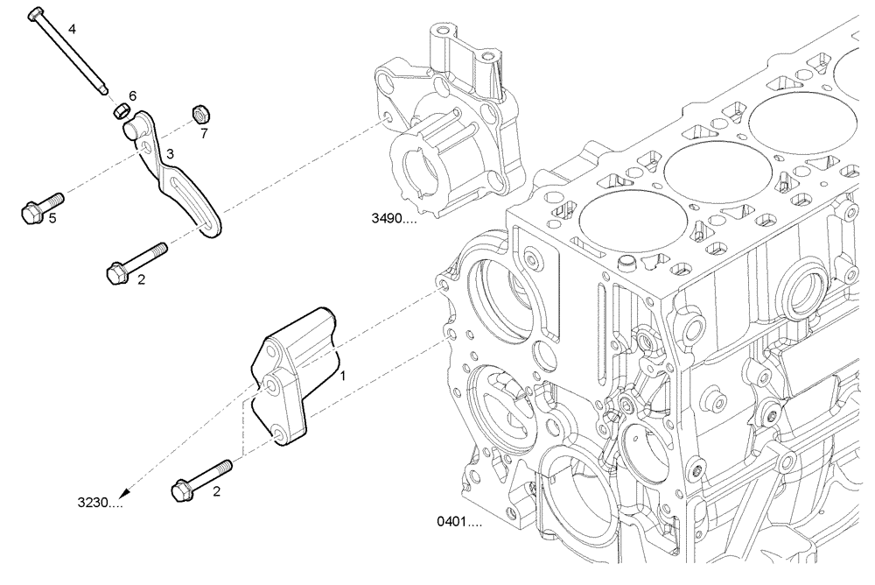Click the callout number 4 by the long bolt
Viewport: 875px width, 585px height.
coord(72,29)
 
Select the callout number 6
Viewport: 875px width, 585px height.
coord(132,95)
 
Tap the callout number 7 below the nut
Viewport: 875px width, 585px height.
coord(204,134)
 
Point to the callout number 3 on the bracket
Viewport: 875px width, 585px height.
coord(170,153)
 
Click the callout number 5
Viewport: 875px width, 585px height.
coord(52,218)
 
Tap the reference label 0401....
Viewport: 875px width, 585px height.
coord(459,522)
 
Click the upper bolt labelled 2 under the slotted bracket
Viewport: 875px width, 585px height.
coord(135,262)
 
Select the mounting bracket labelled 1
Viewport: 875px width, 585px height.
coord(293,368)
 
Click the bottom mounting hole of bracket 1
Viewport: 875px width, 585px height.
coord(277,433)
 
